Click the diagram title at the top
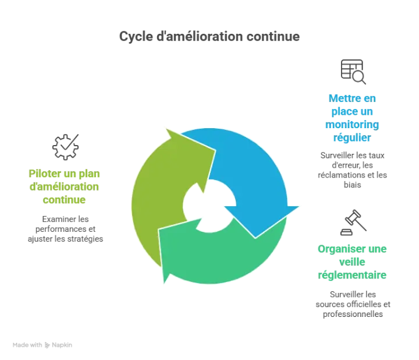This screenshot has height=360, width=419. coord(209,36)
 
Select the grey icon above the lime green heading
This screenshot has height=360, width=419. coord(65,144)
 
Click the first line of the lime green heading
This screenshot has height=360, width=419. coord(65,173)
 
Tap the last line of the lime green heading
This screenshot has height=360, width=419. coord(65,199)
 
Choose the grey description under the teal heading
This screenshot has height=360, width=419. coord(353,302)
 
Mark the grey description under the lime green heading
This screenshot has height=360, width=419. coord(65,228)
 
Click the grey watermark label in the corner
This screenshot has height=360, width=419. coord(42,345)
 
